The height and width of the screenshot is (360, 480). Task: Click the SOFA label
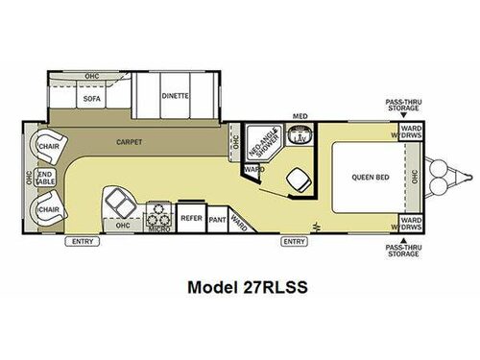[x=93, y=97]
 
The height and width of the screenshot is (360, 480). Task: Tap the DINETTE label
[x=176, y=97]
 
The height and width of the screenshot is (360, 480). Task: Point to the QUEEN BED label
[x=369, y=176]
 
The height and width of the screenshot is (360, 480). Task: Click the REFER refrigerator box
[x=190, y=219]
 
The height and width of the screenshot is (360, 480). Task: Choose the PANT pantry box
[x=217, y=219]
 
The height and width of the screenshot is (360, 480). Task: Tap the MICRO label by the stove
[x=158, y=228]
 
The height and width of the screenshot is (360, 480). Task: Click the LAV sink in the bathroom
[x=299, y=138]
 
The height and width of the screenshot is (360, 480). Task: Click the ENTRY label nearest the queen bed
[x=294, y=241]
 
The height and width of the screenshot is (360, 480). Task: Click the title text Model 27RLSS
[x=239, y=285]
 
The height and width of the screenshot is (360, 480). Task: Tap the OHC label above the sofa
[x=92, y=75]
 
